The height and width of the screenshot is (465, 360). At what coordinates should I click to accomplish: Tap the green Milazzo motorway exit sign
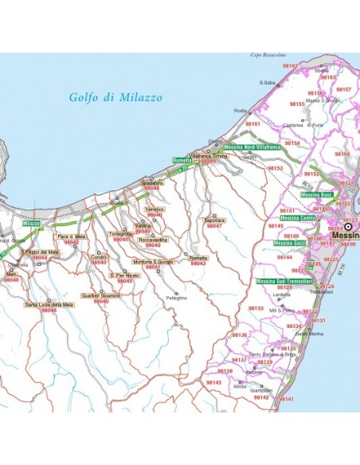click(31, 225)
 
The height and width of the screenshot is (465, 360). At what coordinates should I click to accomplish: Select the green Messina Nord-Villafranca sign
click(252, 147)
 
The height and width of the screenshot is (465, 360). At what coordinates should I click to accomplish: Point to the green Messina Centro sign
click(297, 217)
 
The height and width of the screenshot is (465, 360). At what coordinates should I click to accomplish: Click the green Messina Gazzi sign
click(289, 243)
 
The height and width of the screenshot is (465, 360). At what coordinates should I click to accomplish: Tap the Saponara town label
click(215, 220)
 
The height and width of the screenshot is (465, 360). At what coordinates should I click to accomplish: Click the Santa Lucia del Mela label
click(49, 304)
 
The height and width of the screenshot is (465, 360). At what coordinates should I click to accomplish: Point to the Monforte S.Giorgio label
click(153, 262)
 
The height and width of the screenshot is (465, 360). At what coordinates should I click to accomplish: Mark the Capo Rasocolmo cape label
click(272, 56)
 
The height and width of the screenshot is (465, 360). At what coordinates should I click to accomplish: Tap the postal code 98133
click(256, 307)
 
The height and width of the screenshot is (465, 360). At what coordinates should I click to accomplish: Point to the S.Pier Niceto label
click(124, 275)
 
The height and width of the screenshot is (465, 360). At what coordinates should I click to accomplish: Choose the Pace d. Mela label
click(71, 237)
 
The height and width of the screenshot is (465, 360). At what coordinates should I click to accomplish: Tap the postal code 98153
click(275, 169)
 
